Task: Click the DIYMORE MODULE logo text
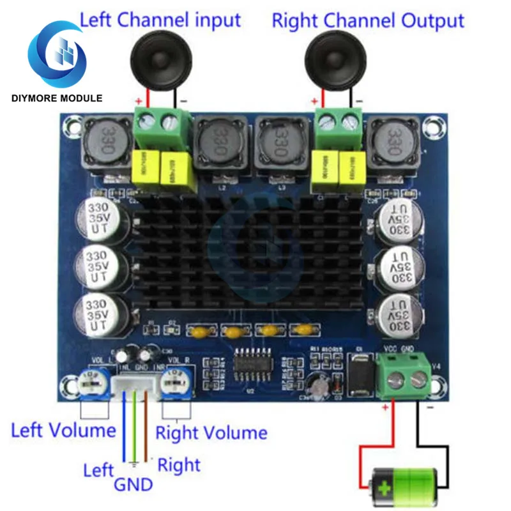pyautogui.click(x=56, y=98)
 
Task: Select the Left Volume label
pyautogui.click(x=63, y=429)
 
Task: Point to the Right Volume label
pyautogui.click(x=211, y=432)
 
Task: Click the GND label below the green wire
pyautogui.click(x=133, y=484)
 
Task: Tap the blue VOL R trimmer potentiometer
pyautogui.click(x=174, y=385)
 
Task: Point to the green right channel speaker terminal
pyautogui.click(x=339, y=125)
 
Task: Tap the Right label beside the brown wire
pyautogui.click(x=179, y=464)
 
